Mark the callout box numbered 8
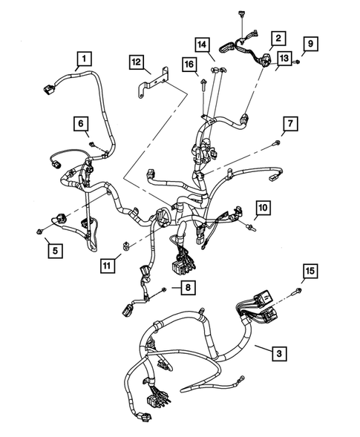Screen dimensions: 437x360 point(189,287)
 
